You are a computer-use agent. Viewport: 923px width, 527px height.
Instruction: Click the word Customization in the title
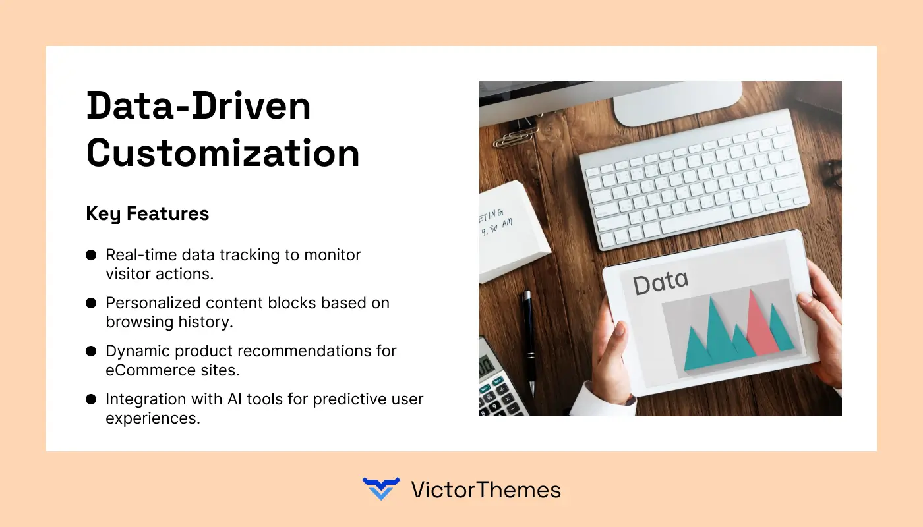[223, 153]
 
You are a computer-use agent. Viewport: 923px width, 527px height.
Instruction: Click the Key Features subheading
[148, 213]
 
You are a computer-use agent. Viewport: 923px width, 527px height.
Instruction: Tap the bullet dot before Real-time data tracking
[91, 255]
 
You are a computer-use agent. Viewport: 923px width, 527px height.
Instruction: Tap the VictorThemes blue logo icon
[381, 489]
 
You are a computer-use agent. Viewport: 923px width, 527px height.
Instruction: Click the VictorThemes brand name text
[486, 489]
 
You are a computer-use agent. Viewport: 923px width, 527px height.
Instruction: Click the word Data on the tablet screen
[660, 283]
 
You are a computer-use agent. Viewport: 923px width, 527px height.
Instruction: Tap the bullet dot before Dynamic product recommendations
[91, 351]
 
